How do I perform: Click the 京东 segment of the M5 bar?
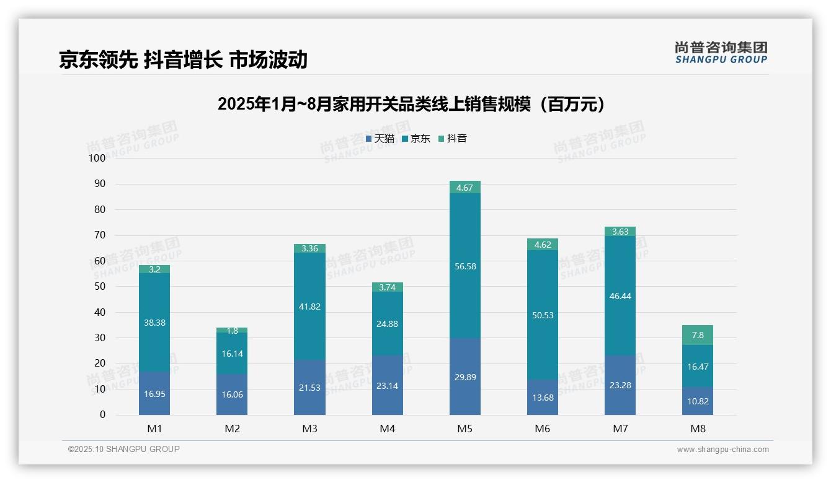point(464,266)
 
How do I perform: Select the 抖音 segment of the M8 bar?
point(698,335)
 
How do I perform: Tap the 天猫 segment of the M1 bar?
point(154,393)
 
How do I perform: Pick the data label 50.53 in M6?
point(543,315)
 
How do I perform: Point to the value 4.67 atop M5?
point(464,188)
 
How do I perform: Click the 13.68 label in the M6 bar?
point(543,398)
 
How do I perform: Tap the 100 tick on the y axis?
point(97,159)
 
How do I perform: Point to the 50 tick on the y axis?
point(99,287)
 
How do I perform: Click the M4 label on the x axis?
point(387,429)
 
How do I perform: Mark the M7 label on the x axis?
point(620,429)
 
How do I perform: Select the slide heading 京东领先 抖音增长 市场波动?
point(183,59)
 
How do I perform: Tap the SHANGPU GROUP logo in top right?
point(721,53)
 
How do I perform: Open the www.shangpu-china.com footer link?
point(722,450)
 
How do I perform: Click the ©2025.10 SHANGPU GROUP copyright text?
point(124,450)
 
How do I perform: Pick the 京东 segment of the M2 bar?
point(232,353)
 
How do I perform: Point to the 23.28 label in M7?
point(620,385)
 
